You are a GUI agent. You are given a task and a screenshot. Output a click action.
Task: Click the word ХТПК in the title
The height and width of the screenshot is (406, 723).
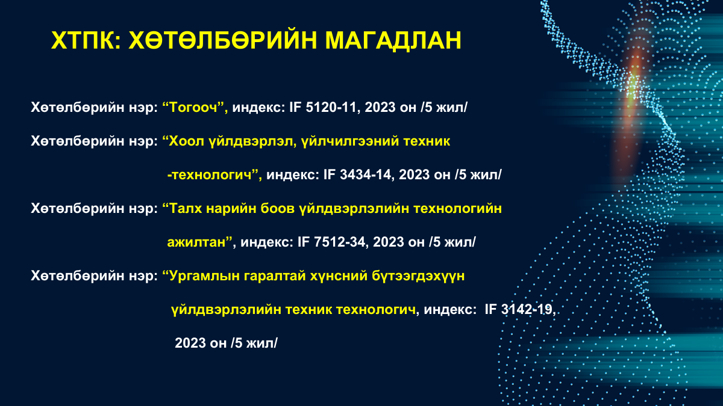(83, 41)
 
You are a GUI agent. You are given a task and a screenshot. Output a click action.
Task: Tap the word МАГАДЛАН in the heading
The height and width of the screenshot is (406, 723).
(393, 41)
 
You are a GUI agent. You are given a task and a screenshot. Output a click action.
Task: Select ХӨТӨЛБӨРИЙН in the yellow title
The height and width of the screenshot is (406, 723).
(223, 41)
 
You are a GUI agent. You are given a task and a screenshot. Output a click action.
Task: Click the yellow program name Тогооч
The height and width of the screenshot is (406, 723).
(193, 107)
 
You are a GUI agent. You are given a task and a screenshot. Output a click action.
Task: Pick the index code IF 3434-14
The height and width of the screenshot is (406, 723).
(358, 174)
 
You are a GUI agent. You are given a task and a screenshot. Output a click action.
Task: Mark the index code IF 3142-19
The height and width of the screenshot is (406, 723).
(519, 309)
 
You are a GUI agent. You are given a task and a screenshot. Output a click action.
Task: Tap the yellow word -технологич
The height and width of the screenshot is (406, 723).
(210, 175)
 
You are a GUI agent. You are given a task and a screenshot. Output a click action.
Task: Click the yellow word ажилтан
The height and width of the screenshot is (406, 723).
(196, 242)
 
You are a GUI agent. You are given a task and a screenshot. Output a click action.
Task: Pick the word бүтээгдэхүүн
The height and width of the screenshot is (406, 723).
(418, 276)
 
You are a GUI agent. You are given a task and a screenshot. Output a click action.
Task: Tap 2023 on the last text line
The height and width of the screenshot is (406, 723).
(190, 343)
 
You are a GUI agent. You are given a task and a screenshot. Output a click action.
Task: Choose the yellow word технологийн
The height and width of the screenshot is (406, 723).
(457, 209)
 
